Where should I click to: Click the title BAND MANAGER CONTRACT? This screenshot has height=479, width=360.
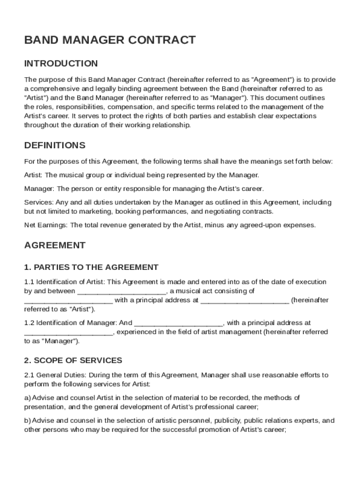pos(110,40)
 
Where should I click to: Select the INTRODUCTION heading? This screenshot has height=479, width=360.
pos(61,64)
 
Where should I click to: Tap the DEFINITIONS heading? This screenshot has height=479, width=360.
pos(55,145)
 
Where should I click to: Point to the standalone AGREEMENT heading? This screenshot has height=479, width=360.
pos(55,245)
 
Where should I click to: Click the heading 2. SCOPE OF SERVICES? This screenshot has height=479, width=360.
pos(73,360)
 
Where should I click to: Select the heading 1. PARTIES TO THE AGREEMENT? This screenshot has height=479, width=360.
pos(91,268)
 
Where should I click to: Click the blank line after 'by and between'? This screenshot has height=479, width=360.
pos(121,291)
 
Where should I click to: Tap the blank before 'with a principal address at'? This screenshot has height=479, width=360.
pos(68,300)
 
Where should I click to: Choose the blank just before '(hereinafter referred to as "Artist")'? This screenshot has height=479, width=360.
pos(245,300)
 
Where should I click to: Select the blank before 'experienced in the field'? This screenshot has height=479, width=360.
pos(68,332)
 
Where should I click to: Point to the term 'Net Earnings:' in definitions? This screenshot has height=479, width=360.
pos(46,225)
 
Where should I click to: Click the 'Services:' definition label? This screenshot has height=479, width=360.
pos(39,203)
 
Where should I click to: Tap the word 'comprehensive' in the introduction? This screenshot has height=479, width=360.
pos(52,89)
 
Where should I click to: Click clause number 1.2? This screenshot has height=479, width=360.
pos(29,323)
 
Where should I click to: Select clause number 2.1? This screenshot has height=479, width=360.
pos(29,375)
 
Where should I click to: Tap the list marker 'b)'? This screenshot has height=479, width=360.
pos(27,421)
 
